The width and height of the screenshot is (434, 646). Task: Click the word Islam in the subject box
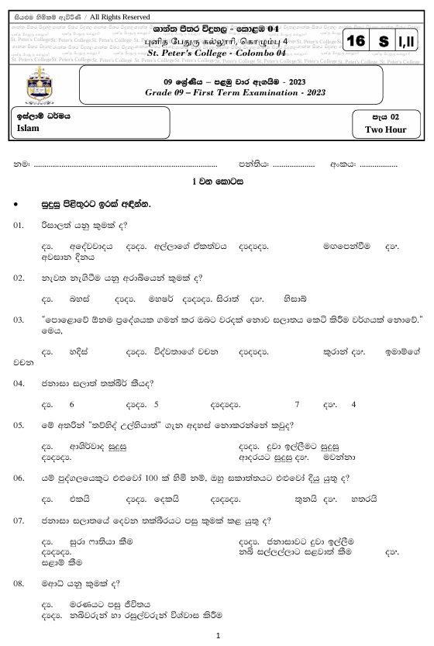click(x=28, y=129)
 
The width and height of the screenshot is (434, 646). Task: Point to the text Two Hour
click(x=385, y=130)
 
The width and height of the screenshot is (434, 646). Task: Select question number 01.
click(x=20, y=225)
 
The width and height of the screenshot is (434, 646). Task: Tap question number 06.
click(x=20, y=478)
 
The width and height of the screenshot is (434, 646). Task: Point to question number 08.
click(x=20, y=582)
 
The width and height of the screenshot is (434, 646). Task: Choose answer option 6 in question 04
click(x=71, y=404)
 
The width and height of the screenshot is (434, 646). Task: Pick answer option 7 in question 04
click(x=297, y=404)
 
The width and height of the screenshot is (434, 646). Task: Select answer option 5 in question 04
click(x=157, y=404)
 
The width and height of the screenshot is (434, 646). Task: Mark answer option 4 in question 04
click(x=353, y=404)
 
